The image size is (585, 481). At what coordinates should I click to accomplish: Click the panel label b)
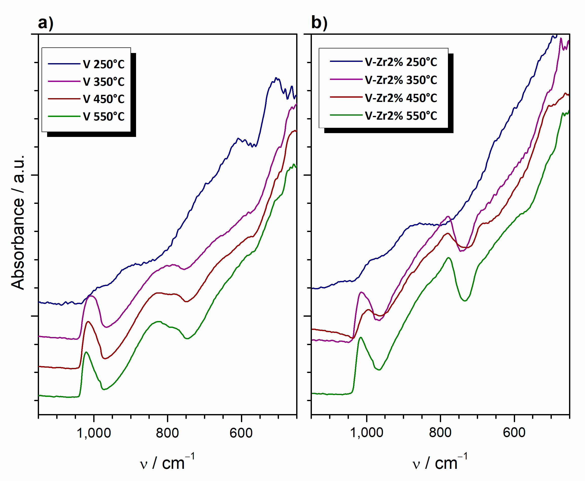click(319, 23)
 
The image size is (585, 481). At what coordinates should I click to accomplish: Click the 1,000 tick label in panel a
click(93, 433)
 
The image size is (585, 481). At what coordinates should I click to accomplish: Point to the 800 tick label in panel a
click(167, 433)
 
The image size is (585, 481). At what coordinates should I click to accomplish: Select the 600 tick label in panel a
click(241, 433)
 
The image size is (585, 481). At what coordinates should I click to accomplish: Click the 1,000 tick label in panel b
click(367, 433)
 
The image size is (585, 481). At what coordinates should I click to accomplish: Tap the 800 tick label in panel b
click(440, 433)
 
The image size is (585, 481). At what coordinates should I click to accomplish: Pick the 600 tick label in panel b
click(514, 433)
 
